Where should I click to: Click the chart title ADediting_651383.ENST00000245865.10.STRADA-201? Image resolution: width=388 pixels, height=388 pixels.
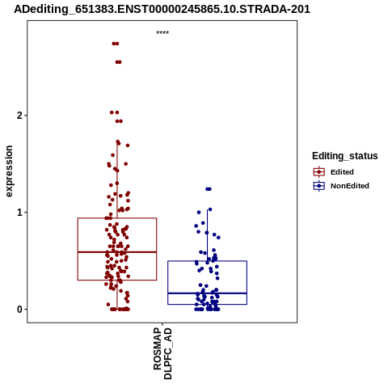162,10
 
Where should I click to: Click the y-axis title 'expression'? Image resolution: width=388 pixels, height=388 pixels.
9,171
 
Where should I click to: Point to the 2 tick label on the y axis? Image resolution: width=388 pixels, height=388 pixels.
19,116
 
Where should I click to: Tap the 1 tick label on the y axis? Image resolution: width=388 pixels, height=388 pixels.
19,213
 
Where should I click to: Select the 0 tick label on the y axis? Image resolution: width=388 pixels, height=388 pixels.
19,310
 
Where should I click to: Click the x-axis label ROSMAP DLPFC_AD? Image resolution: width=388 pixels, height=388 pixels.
162,353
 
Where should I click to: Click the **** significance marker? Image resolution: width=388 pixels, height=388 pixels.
162,32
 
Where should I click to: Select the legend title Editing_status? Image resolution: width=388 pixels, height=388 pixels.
345,156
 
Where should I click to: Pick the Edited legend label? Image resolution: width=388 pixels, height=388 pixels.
342,172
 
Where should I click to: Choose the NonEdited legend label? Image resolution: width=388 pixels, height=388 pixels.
350,186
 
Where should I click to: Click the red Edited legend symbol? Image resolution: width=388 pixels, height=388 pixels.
319,172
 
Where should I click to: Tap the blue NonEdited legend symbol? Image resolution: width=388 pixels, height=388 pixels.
319,186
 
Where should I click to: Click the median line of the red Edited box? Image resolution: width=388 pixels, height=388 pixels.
117,252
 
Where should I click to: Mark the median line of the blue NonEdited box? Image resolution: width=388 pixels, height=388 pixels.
207,293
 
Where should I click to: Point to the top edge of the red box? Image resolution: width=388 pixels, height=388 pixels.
117,218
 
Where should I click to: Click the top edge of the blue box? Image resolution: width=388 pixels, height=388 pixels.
207,261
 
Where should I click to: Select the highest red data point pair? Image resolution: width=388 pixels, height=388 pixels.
116,44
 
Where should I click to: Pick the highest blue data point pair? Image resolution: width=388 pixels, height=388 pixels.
209,189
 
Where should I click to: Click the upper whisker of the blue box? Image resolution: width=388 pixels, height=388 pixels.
207,235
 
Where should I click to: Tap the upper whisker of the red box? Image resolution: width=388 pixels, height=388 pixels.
117,179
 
